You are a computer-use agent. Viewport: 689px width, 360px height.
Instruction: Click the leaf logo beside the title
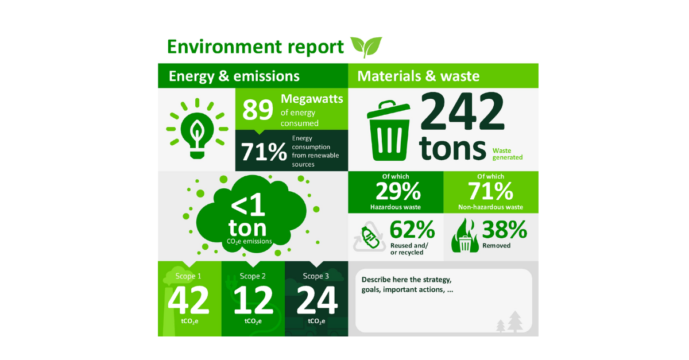click(x=366, y=47)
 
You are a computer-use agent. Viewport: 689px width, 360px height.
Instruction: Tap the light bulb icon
click(x=197, y=128)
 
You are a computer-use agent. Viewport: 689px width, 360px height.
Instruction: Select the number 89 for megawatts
click(x=257, y=110)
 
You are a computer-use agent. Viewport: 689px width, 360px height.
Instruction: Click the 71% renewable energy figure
click(x=264, y=152)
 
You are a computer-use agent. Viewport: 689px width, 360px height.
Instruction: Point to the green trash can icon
click(x=389, y=130)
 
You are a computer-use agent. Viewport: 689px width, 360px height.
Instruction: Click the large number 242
click(x=462, y=111)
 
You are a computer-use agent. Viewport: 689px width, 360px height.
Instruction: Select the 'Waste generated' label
click(x=508, y=154)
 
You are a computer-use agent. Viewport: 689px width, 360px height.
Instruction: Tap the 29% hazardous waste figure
click(x=398, y=191)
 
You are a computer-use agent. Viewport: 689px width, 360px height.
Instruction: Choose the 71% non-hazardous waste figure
click(x=490, y=191)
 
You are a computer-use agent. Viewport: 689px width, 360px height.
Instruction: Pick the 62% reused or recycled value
click(x=412, y=230)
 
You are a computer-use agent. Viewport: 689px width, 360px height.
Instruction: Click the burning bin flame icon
click(x=465, y=235)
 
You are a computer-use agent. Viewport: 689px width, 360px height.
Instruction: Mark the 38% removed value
click(x=505, y=230)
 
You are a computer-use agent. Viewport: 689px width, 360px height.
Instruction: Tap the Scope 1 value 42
click(x=188, y=300)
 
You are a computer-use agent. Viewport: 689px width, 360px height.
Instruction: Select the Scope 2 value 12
click(x=253, y=300)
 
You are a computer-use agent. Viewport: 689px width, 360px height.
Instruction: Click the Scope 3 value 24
click(x=317, y=300)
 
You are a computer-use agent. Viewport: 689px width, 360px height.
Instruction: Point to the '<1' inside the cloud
click(x=247, y=204)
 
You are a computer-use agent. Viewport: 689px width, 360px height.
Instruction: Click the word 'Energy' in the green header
click(x=191, y=76)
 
